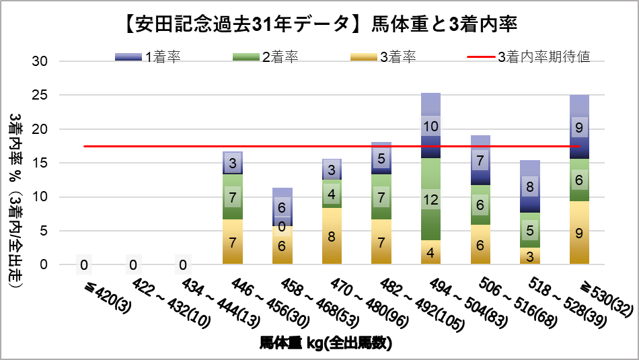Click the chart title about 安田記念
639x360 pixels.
coord(319,25)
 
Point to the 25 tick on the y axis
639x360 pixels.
coord(41,95)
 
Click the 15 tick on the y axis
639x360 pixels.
coord(41,163)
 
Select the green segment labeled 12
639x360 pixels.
coord(431,199)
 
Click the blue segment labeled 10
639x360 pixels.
coord(431,126)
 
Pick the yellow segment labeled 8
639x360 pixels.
coord(332,236)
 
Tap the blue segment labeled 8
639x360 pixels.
coord(530,187)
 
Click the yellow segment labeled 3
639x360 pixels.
coord(530,256)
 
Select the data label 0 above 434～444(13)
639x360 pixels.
coord(182,264)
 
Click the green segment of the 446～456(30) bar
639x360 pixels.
coord(232,197)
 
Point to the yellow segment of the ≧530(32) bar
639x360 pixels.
coord(580,233)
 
